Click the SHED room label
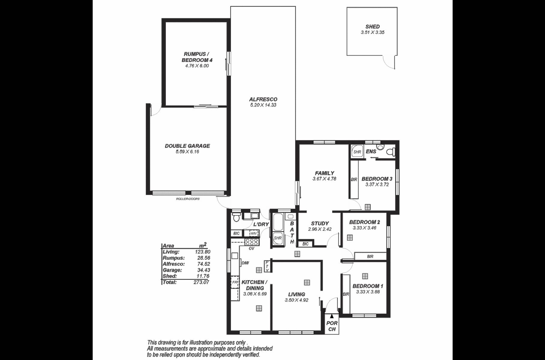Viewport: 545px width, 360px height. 373,26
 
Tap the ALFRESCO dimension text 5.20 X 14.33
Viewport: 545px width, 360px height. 263,105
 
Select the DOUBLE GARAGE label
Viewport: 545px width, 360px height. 187,146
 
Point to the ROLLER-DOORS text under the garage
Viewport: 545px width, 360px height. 188,199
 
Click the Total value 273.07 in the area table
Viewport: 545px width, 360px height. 202,282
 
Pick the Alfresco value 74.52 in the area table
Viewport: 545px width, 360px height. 204,264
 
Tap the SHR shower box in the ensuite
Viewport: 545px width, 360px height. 357,151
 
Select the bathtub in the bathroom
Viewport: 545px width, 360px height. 278,222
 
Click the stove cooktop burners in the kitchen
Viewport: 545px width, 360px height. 252,242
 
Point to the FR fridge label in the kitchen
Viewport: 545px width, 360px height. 235,282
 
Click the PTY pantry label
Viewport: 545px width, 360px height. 267,266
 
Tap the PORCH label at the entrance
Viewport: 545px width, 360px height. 332,326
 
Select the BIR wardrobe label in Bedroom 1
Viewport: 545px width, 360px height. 346,294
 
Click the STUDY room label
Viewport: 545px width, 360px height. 320,223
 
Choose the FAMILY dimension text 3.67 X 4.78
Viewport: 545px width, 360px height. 324,179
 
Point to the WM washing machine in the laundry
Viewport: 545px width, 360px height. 253,233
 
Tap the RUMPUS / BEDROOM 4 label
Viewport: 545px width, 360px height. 197,57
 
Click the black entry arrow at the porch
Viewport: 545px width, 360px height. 331,316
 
